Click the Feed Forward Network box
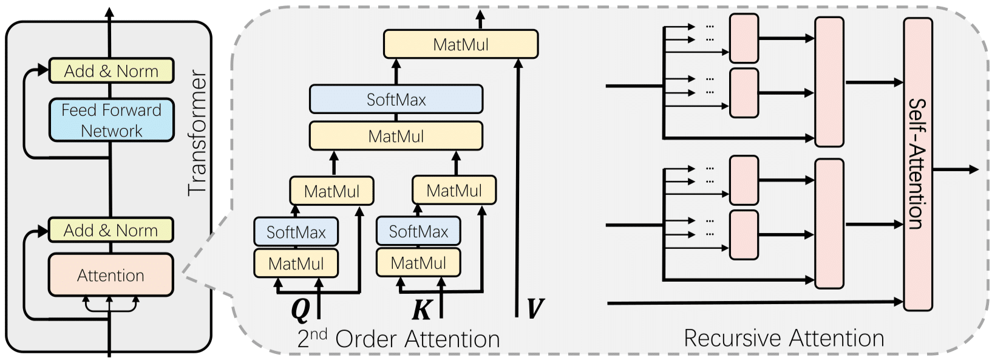[111, 120]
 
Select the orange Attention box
[110, 275]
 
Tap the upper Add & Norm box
[111, 70]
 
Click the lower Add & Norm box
[110, 230]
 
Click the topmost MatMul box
[461, 44]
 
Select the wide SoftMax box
[396, 99]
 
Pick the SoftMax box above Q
[296, 231]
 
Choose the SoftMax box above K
[418, 231]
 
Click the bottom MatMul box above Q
[296, 263]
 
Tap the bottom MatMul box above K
[418, 263]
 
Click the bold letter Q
[301, 310]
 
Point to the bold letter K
[421, 309]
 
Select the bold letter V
[535, 308]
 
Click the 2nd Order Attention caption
[399, 339]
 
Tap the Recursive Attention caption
[784, 338]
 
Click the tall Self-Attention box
[918, 165]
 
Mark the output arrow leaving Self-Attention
[955, 169]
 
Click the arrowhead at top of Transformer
[109, 12]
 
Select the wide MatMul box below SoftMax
[396, 136]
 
